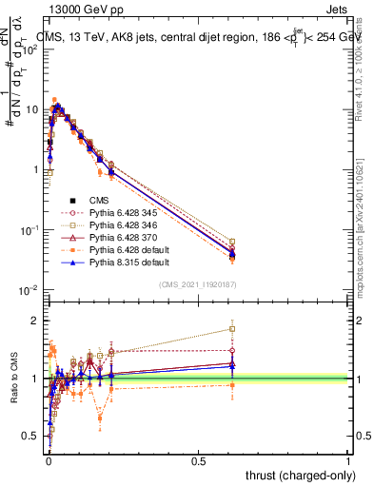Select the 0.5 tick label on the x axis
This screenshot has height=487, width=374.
coord(198,459)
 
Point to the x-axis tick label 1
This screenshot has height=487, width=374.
coord(349,459)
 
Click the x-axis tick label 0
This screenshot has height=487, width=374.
coord(48,459)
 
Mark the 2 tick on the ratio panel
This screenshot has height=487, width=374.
coord(36,320)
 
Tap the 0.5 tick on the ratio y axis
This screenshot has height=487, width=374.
coord(30,436)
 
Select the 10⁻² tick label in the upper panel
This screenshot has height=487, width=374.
coord(29,290)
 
